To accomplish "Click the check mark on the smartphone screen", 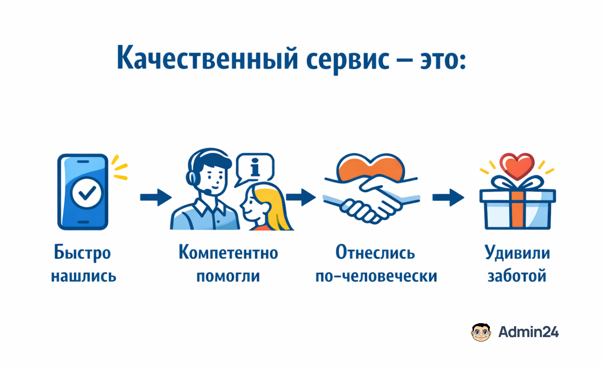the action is pos(87,193).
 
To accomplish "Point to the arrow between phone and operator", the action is pos(156,198).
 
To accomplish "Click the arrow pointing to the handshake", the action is pos(301,198).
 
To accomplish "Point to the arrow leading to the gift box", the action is pos(448,198).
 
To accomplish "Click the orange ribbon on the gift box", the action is pos(517,209).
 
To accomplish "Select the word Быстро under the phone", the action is pos(82,253).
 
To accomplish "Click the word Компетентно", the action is pos(228,253).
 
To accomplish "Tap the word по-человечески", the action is pos(376,276).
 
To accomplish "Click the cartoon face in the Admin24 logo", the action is pos(481,332).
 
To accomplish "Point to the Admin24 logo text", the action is pos(528,332).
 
